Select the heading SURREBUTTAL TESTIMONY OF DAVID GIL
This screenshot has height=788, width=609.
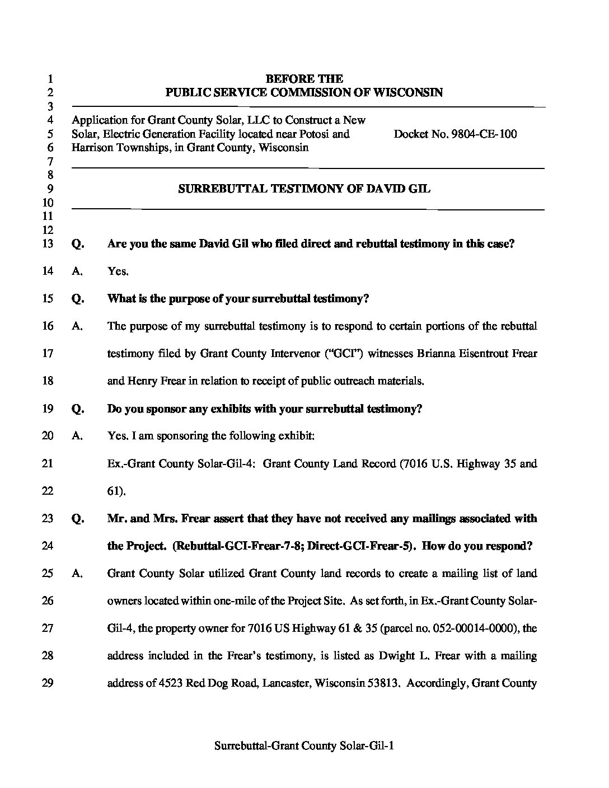304,189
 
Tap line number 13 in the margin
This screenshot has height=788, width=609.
48,244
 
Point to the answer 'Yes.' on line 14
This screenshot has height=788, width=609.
118,271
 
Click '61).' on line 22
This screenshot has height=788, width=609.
116,491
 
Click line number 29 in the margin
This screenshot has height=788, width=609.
48,683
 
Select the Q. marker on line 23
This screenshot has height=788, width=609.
78,519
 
